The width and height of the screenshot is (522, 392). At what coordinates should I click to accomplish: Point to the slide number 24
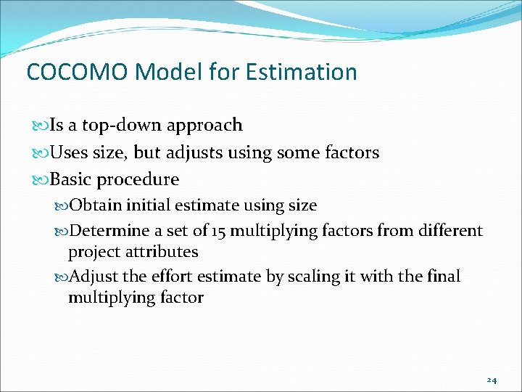tap(492, 380)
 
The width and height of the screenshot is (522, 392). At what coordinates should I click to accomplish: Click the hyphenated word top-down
tap(123, 126)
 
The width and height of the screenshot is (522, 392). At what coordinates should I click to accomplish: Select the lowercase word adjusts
tap(196, 152)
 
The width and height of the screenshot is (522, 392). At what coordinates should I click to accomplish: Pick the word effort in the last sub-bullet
tap(174, 277)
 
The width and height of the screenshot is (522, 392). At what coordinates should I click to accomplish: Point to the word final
tap(443, 277)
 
